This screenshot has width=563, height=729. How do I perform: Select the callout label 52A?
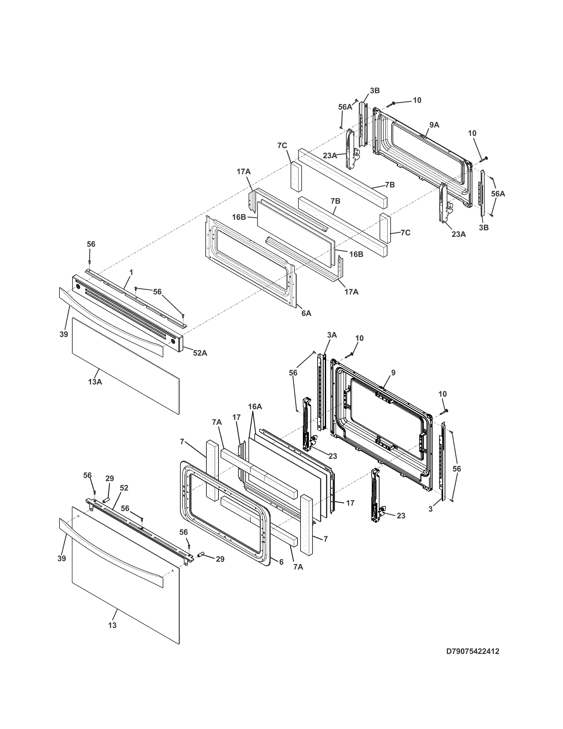[x=200, y=353]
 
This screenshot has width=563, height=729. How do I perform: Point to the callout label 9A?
[x=434, y=125]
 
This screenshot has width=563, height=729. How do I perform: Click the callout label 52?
[x=124, y=488]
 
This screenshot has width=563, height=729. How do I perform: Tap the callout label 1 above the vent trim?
[x=131, y=272]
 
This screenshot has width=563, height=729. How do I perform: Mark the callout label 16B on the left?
[x=239, y=217]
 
